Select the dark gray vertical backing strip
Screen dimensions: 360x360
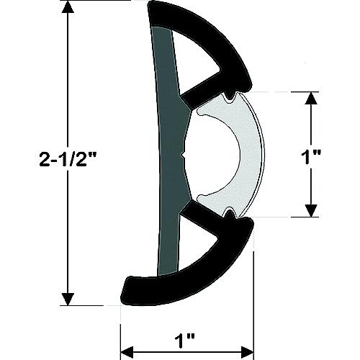167,155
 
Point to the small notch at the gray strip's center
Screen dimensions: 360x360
186,154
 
